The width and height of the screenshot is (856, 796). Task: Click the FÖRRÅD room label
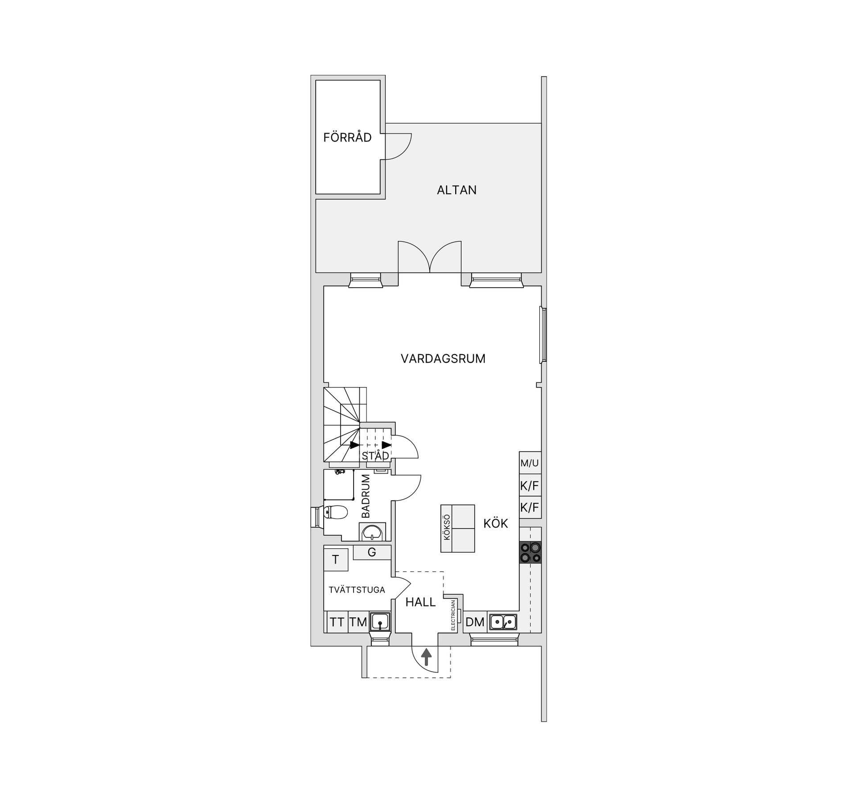pyautogui.click(x=347, y=137)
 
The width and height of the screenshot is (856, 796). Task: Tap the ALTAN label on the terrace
pyautogui.click(x=457, y=190)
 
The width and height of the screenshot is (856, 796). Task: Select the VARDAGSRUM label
pyautogui.click(x=443, y=359)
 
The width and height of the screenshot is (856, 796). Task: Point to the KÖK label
pyautogui.click(x=496, y=523)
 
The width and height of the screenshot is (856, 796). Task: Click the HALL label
pyautogui.click(x=420, y=602)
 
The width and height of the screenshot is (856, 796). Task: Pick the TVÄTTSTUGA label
pyautogui.click(x=357, y=590)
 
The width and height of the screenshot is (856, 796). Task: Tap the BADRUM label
pyautogui.click(x=366, y=496)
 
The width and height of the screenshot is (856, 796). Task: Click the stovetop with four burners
pyautogui.click(x=530, y=552)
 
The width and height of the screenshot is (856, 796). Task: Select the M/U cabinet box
pyautogui.click(x=530, y=463)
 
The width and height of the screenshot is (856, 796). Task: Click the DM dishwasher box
pyautogui.click(x=475, y=622)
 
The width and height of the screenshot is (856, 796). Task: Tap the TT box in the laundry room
pyautogui.click(x=337, y=622)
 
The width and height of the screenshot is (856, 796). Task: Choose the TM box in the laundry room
pyautogui.click(x=358, y=622)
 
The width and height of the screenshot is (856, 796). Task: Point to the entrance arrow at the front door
pyautogui.click(x=427, y=657)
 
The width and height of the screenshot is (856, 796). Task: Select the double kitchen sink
pyautogui.click(x=503, y=622)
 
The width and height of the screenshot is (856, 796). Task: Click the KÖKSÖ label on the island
pyautogui.click(x=447, y=528)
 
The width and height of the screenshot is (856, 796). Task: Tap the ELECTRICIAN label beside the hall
pyautogui.click(x=453, y=615)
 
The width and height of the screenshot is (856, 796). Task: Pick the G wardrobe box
pyautogui.click(x=372, y=552)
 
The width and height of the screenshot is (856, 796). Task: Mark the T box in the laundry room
pyautogui.click(x=336, y=560)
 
